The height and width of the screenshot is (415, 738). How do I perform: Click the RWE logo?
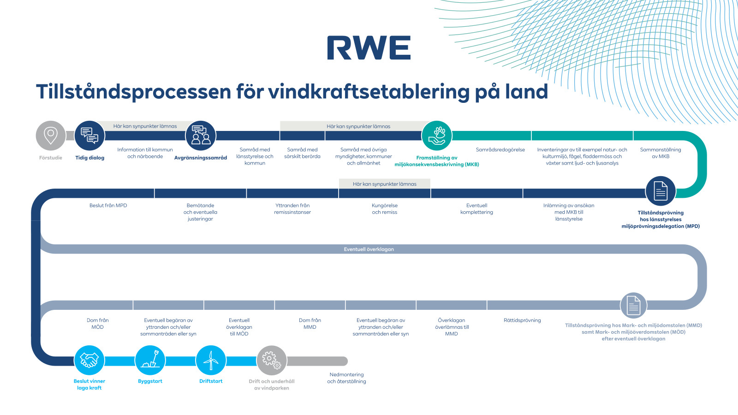click(x=369, y=48)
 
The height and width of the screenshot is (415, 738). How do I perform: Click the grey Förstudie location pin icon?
click(x=51, y=136)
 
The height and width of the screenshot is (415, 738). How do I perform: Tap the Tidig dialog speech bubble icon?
click(x=89, y=136)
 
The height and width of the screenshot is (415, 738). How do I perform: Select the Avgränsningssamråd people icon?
click(x=201, y=136)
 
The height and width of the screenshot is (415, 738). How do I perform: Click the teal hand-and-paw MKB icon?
click(x=437, y=136)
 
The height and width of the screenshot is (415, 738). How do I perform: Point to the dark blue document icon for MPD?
click(x=661, y=191)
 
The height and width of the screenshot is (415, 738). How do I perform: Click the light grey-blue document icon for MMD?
click(x=633, y=305)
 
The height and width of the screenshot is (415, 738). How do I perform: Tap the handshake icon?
click(x=89, y=360)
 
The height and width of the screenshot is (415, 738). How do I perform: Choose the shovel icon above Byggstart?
click(x=150, y=360)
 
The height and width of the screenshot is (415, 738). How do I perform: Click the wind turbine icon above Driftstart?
click(x=211, y=360)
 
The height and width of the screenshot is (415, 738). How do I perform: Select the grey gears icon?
click(x=272, y=360)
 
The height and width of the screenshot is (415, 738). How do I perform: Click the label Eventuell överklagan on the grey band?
click(x=369, y=249)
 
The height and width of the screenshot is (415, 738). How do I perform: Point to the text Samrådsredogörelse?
click(x=500, y=150)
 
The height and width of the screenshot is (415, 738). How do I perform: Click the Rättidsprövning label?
click(x=522, y=320)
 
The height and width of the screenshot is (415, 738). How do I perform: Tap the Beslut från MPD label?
click(x=108, y=206)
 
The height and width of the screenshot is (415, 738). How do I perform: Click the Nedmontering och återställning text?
click(x=346, y=378)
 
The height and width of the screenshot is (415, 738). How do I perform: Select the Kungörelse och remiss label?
click(x=385, y=209)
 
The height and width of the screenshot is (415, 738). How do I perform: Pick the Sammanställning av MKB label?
click(x=661, y=153)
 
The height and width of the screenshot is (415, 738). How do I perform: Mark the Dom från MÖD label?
click(x=98, y=324)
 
